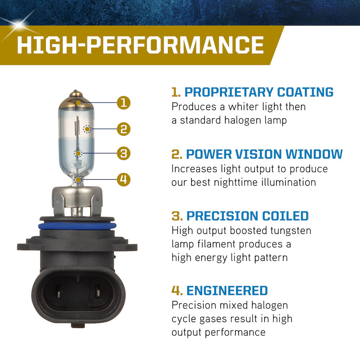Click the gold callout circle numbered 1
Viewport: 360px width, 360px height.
(123, 103)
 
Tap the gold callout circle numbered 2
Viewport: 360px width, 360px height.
(123, 129)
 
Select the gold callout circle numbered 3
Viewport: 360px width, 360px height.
(123, 153)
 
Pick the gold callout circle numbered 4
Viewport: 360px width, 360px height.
(123, 179)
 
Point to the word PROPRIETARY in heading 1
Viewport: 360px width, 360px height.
(229, 92)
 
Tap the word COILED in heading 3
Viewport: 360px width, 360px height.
(285, 216)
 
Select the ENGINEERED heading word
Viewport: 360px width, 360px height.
(227, 291)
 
